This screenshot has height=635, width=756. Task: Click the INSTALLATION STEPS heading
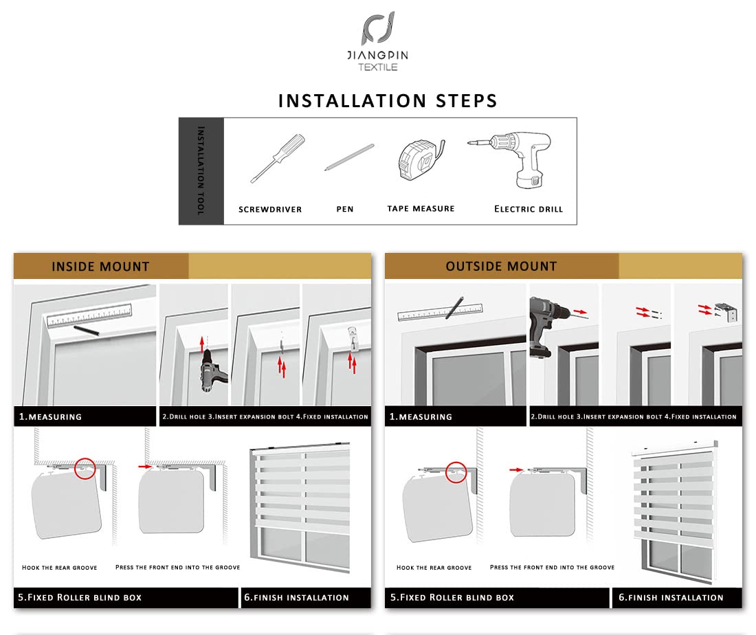tap(388, 101)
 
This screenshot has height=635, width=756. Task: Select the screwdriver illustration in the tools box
tap(276, 157)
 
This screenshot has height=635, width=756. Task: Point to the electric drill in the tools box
tap(515, 159)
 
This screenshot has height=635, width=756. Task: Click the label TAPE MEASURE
tap(421, 208)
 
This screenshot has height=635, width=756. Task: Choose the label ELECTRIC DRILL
tap(529, 209)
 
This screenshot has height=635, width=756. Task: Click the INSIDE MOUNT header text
tap(100, 267)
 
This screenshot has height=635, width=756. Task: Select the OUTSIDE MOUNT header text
tap(501, 266)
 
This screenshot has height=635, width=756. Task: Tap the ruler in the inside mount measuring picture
tap(89, 316)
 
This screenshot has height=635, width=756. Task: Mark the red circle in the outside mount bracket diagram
tap(456, 471)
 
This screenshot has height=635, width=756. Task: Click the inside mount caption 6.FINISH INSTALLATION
tap(296, 597)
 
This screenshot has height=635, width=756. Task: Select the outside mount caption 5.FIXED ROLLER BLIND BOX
tap(452, 597)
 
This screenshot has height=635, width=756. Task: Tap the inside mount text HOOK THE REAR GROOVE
tap(60, 568)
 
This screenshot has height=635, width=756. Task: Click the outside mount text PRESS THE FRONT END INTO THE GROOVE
tap(552, 567)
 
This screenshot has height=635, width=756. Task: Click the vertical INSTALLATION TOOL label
tap(201, 170)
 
